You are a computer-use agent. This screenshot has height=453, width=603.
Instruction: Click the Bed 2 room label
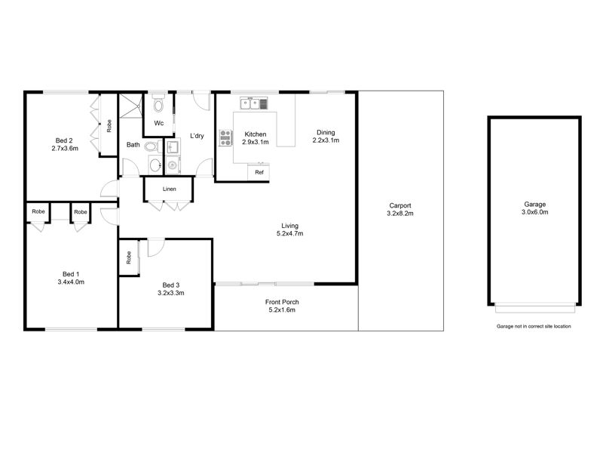(64, 140)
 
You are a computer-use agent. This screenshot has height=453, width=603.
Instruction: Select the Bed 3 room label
(171, 285)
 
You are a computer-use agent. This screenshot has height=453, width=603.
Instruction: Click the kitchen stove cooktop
(225, 138)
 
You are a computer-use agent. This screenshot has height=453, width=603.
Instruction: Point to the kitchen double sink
(254, 103)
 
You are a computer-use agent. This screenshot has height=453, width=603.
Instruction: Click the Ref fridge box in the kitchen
(259, 172)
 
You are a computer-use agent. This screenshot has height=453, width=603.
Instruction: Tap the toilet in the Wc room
(158, 104)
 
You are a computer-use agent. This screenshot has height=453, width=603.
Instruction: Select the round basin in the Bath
(156, 165)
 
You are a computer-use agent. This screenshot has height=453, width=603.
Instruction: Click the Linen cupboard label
(169, 190)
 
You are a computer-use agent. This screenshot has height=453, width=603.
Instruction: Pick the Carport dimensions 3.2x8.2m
(400, 214)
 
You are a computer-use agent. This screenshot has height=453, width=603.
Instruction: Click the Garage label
(535, 205)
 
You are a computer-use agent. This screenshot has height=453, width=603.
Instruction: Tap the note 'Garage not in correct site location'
(534, 326)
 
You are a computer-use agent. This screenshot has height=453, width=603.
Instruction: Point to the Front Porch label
(282, 302)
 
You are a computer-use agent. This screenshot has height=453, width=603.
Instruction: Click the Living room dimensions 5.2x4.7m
(290, 233)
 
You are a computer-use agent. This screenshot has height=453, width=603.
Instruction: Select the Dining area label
(326, 133)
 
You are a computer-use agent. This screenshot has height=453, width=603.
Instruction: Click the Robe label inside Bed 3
(129, 257)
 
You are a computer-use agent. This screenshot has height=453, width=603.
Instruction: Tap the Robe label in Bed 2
(109, 126)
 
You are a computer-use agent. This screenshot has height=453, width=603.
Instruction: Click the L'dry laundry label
(197, 136)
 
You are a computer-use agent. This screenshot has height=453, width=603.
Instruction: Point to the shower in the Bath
(130, 106)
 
